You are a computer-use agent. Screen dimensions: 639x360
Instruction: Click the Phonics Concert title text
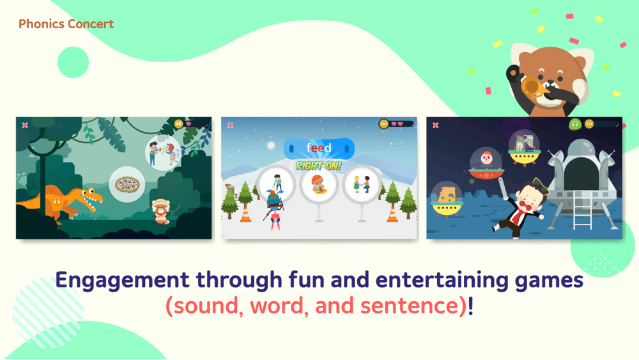click(66, 24)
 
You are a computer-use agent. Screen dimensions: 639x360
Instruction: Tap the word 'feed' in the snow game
click(319, 148)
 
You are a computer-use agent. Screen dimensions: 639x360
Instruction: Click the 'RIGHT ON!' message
click(319, 166)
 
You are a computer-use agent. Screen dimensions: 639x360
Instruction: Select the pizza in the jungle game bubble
click(127, 185)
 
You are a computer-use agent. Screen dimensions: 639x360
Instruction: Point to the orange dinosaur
click(61, 203)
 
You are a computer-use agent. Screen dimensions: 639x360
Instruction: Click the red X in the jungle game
click(25, 125)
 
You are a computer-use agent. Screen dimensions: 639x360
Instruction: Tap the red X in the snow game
click(230, 125)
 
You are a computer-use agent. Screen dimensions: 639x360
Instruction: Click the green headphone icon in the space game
click(574, 123)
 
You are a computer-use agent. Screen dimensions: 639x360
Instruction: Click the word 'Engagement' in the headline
click(123, 281)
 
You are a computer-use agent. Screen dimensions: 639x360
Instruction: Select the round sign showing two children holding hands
click(361, 185)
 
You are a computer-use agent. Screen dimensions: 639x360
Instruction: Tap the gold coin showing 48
click(178, 123)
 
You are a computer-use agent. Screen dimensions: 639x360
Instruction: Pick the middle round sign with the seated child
click(319, 185)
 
